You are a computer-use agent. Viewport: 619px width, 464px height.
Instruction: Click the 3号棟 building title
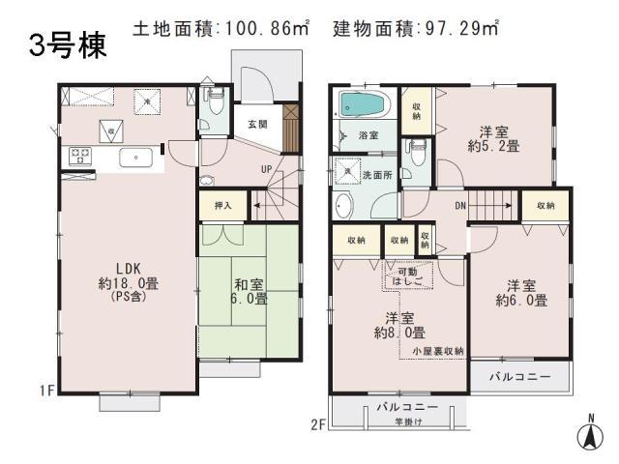tap(67, 45)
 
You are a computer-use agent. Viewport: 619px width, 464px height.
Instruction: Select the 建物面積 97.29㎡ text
tap(417, 29)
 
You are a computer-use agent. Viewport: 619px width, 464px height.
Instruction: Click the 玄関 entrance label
tap(257, 124)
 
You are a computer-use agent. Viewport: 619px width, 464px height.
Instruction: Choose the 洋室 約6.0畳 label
tap(523, 292)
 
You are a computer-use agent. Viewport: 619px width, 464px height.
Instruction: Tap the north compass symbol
tap(589, 435)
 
